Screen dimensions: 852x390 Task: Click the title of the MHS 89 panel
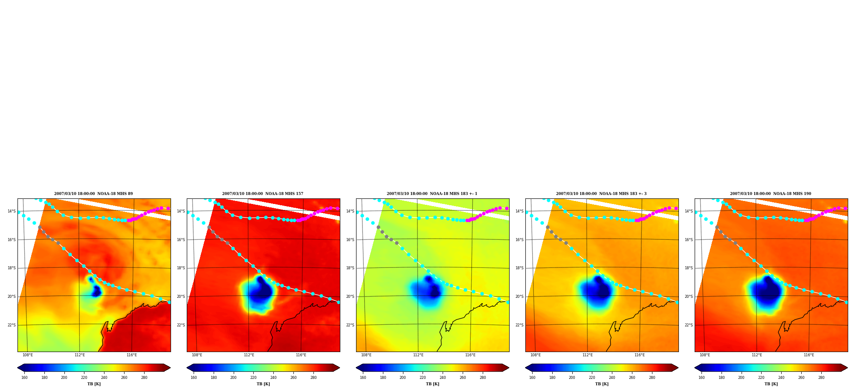[x=93, y=194]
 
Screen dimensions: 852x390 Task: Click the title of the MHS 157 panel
[x=263, y=194]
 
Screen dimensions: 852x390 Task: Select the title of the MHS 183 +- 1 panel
[x=432, y=194]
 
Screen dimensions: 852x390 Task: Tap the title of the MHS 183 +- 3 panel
[x=601, y=194]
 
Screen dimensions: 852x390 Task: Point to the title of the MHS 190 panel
[x=771, y=194]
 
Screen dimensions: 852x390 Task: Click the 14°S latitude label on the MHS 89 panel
[x=12, y=211]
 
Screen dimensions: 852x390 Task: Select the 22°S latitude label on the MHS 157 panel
[x=181, y=325]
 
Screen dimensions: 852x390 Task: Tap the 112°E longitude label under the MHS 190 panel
[x=757, y=355]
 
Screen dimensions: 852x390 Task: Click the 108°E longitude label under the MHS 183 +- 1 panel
[x=366, y=355]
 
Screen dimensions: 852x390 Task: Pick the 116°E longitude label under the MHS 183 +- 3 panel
[x=640, y=355]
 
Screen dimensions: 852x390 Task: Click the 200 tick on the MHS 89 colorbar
[x=64, y=378]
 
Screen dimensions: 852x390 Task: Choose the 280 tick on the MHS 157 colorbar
[x=313, y=378]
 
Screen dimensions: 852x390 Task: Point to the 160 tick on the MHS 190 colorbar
[x=701, y=378]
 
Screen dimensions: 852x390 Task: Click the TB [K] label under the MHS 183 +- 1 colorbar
[x=432, y=384]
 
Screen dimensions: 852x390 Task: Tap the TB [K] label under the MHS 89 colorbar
[x=94, y=384]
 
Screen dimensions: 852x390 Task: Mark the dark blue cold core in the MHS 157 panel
[x=261, y=290]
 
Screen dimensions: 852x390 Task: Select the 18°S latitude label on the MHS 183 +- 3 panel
[x=519, y=268]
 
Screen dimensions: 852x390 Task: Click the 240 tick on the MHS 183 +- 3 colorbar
[x=612, y=378]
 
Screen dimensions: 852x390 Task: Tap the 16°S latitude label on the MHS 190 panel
[x=689, y=240]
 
